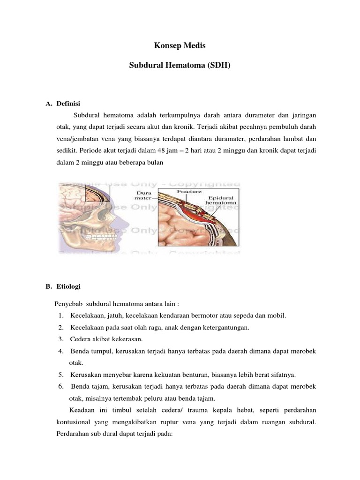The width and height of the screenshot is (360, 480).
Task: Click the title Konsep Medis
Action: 180,46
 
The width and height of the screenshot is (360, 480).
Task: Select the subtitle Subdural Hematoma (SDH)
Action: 180,67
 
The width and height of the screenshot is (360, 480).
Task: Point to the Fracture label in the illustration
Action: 189,191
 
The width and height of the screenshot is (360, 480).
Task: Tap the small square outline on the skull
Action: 98,193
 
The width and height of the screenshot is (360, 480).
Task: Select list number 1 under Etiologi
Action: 61,315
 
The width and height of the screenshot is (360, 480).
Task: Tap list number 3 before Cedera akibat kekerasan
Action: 61,339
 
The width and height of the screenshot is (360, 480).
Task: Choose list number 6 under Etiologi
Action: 61,386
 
